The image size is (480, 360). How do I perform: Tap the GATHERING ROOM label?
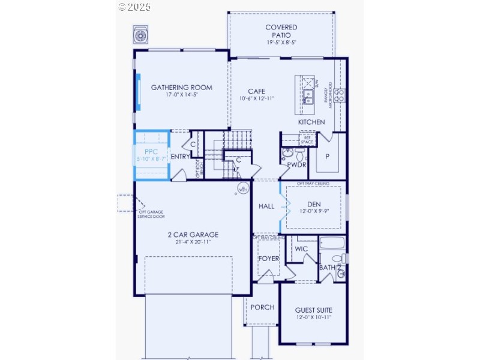(181, 88)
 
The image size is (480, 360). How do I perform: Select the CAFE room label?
(256, 91)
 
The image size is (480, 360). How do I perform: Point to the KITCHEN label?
(311, 122)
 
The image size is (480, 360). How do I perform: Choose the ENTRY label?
(180, 157)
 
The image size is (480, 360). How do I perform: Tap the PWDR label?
(296, 164)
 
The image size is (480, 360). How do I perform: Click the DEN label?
(314, 205)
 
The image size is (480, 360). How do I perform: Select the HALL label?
(266, 206)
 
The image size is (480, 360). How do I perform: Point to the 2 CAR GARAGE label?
(193, 235)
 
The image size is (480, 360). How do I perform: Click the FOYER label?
(268, 259)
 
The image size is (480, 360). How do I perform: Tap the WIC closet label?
(301, 248)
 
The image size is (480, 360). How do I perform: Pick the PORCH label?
(262, 307)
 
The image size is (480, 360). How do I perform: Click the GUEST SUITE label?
(313, 310)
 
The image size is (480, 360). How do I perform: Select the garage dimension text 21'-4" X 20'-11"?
(193, 242)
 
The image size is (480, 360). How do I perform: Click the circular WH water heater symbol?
(243, 190)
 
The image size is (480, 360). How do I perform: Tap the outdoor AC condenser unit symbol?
(142, 35)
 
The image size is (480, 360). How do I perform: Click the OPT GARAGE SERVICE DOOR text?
(152, 214)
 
